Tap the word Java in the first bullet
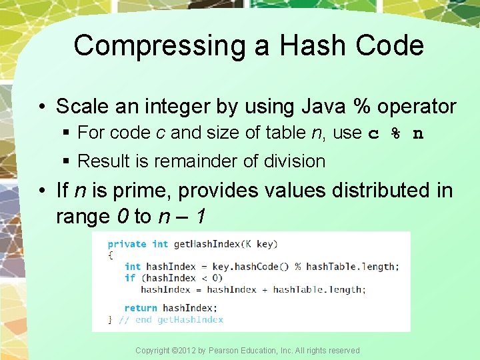click(x=321, y=107)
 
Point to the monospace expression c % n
click(x=396, y=133)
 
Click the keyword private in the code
click(x=127, y=244)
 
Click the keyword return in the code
click(x=140, y=308)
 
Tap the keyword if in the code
click(x=129, y=278)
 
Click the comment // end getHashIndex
click(x=171, y=319)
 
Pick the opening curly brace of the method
click(x=111, y=255)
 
